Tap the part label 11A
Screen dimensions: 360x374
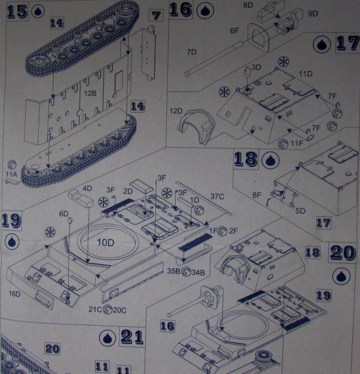click(x=11, y=175)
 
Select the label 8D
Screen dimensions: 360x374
click(x=247, y=5)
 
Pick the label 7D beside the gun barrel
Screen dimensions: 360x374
click(x=192, y=52)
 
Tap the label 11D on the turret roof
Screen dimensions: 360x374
click(x=306, y=74)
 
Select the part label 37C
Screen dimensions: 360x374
click(x=218, y=196)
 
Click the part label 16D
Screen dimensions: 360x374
click(x=14, y=293)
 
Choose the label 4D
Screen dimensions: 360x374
click(x=87, y=188)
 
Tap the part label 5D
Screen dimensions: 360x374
click(x=301, y=212)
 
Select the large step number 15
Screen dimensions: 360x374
click(x=17, y=11)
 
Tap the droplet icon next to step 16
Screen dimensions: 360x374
click(x=202, y=10)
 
